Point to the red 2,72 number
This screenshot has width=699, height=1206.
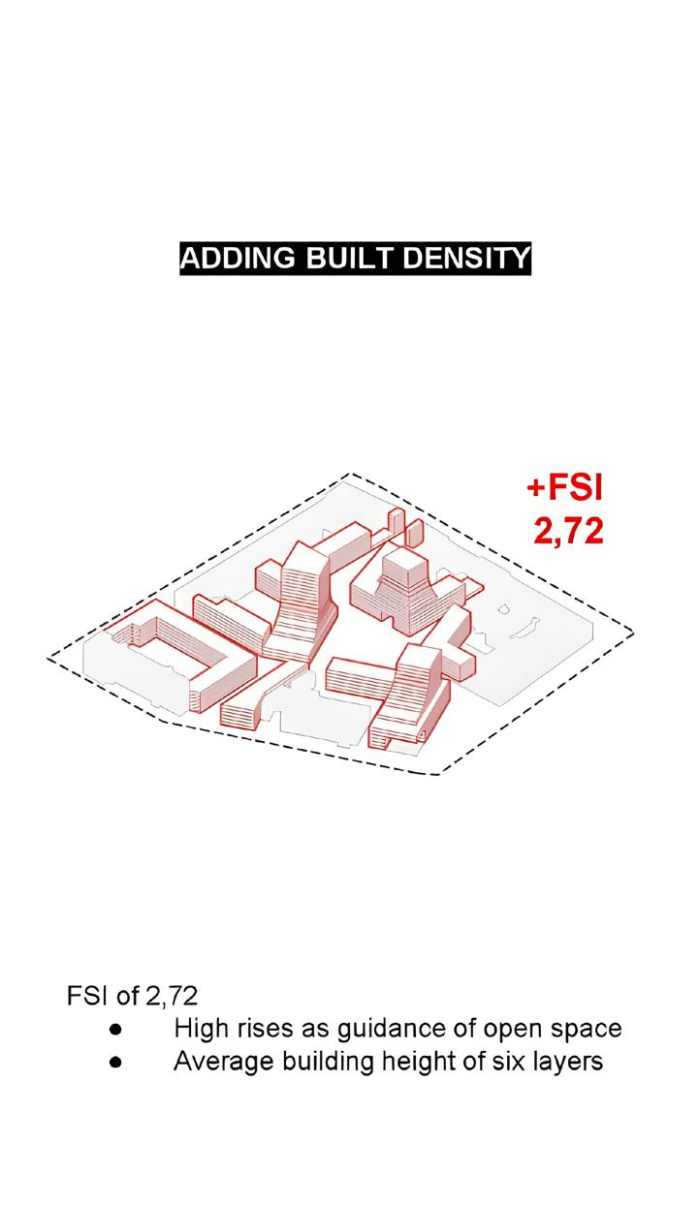[568, 530]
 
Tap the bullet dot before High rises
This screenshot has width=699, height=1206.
[114, 1029]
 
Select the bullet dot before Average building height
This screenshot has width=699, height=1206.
[114, 1062]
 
